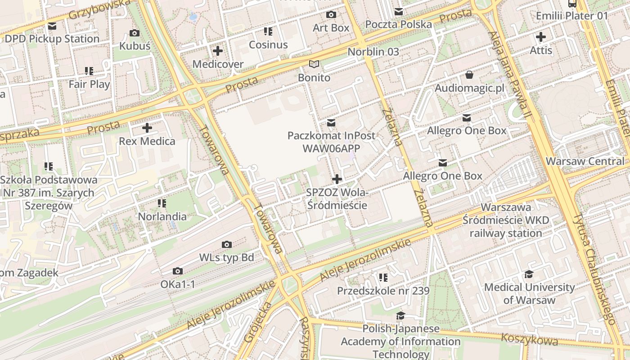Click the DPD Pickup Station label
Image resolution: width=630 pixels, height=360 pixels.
(52, 39)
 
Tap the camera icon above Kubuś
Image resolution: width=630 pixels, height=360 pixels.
(134, 33)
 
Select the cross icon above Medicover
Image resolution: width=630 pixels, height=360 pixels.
(218, 51)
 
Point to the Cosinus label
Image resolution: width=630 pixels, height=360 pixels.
(268, 45)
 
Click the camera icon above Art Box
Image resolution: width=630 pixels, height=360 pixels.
(331, 15)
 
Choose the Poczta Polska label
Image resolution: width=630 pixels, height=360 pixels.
(398, 24)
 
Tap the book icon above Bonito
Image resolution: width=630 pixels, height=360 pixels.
(314, 64)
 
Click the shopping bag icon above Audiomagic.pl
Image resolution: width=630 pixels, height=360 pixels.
(469, 75)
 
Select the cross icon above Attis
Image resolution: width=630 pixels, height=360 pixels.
(541, 37)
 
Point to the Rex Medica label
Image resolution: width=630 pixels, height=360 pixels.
(147, 141)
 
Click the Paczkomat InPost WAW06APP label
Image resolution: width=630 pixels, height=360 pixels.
(331, 141)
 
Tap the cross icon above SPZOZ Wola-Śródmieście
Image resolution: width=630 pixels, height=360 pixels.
(337, 179)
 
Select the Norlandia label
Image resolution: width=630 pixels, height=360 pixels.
(162, 216)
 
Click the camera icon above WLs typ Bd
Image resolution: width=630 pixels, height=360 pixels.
(227, 244)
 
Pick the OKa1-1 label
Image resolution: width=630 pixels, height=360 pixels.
(178, 284)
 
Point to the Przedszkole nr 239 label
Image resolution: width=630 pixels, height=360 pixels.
(383, 291)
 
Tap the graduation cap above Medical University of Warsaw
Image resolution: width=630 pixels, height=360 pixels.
(529, 274)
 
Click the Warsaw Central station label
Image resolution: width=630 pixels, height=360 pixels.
(585, 161)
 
